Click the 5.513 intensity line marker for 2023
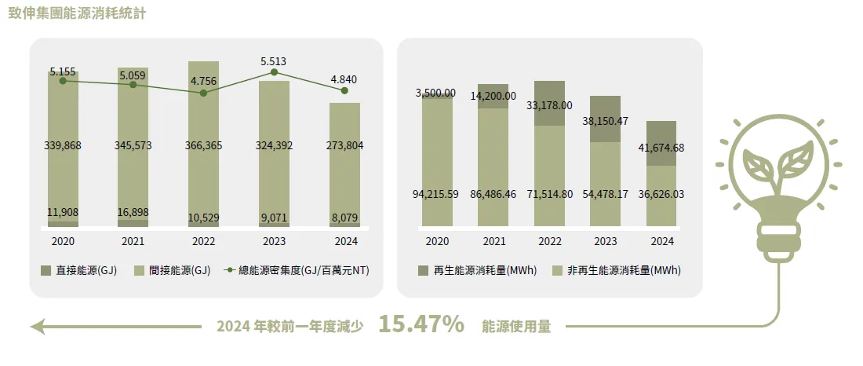pos(274,72)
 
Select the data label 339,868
pos(63,145)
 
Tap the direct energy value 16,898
pos(133,211)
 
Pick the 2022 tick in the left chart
pos(203,241)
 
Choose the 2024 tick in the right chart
pos(661,241)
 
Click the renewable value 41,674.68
pos(661,148)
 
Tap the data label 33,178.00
pos(549,105)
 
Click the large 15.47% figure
pos(421,324)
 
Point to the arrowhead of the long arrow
pos(37,325)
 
